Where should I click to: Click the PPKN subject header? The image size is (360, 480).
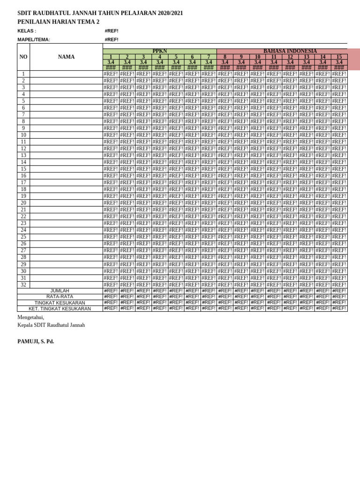point(159,51)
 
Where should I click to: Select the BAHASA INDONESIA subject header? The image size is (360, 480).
point(290,51)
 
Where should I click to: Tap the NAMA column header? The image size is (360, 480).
point(66,57)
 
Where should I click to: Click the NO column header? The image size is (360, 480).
point(23,57)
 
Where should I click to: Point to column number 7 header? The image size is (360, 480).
point(209,57)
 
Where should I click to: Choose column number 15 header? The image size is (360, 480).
point(339,57)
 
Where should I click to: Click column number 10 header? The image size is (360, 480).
point(257,57)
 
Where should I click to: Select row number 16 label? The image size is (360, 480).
point(23,176)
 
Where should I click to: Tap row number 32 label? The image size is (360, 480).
point(23,285)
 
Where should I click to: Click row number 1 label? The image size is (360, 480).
point(23,74)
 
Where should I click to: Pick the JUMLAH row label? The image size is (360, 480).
point(60,291)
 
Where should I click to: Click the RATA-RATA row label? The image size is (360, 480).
point(60,297)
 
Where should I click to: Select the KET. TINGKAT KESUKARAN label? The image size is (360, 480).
point(60,309)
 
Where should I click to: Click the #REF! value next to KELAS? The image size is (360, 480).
point(112,31)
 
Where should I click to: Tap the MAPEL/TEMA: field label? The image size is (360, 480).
point(34,40)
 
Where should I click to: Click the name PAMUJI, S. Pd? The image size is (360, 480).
point(36,341)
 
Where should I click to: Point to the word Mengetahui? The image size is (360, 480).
point(30,317)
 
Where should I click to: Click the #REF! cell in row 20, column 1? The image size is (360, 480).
point(111,203)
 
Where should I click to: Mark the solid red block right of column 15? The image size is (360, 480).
point(353,59)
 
